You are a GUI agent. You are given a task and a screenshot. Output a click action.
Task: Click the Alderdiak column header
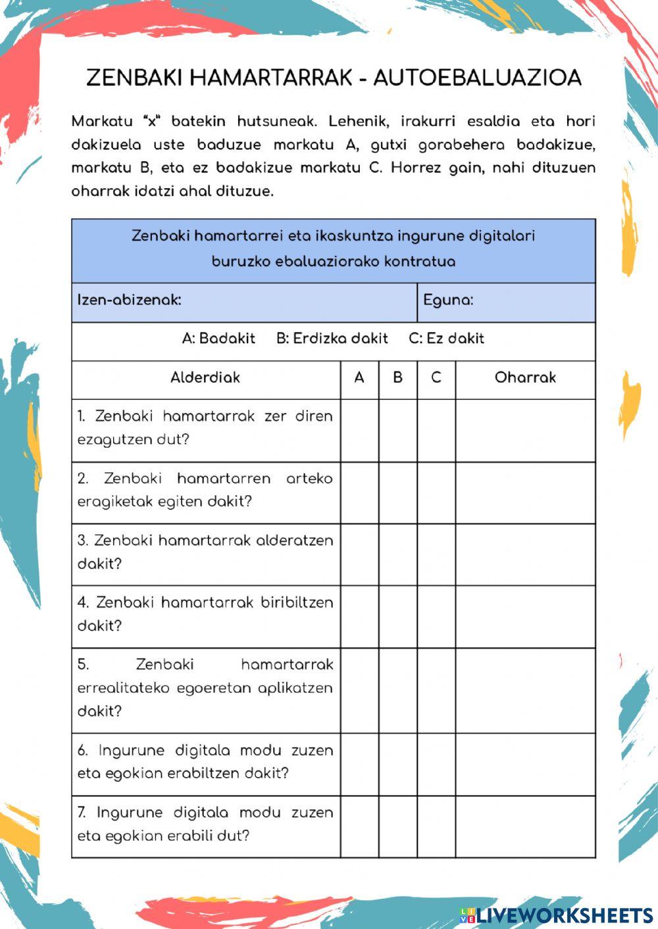pyautogui.click(x=205, y=378)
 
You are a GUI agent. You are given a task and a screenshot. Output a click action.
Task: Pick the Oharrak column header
pyautogui.click(x=525, y=378)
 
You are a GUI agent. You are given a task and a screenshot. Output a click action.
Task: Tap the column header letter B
pyautogui.click(x=397, y=378)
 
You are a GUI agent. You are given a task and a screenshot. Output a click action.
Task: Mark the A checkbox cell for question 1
pyautogui.click(x=359, y=430)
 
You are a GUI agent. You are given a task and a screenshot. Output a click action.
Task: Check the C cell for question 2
pyautogui.click(x=436, y=492)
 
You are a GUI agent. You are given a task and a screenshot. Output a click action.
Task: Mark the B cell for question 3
pyautogui.click(x=397, y=554)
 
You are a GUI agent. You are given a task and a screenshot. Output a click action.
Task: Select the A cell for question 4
pyautogui.click(x=359, y=617)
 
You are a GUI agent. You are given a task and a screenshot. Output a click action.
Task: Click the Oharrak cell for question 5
pyautogui.click(x=525, y=690)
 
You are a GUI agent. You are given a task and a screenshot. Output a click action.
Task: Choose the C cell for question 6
pyautogui.click(x=436, y=764)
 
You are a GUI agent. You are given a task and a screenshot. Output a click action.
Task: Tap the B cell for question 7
pyautogui.click(x=397, y=826)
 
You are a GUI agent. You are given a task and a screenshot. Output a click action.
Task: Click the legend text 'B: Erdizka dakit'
pyautogui.click(x=332, y=339)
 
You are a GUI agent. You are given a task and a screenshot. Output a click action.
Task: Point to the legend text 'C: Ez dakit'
pyautogui.click(x=446, y=339)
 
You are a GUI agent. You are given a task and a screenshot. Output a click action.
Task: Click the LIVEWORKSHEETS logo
pyautogui.click(x=557, y=915)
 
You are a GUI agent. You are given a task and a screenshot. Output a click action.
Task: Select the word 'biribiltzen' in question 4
pyautogui.click(x=297, y=603)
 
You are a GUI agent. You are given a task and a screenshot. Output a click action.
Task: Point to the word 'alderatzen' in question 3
pyautogui.click(x=294, y=540)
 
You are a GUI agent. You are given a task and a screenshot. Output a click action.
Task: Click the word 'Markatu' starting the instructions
pyautogui.click(x=102, y=122)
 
